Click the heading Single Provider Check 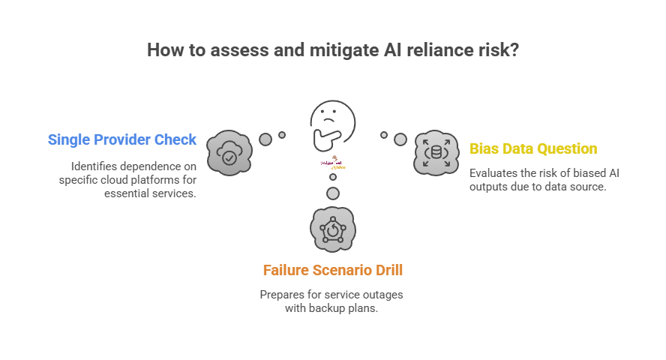(122, 139)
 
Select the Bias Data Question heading (533, 148)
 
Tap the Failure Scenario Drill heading (332, 270)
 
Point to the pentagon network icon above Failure (332, 230)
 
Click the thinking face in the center (332, 124)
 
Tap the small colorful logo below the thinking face (332, 164)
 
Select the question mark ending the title (513, 51)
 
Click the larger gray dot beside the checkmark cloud (265, 139)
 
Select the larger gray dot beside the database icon (400, 139)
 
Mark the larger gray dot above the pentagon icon (332, 194)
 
